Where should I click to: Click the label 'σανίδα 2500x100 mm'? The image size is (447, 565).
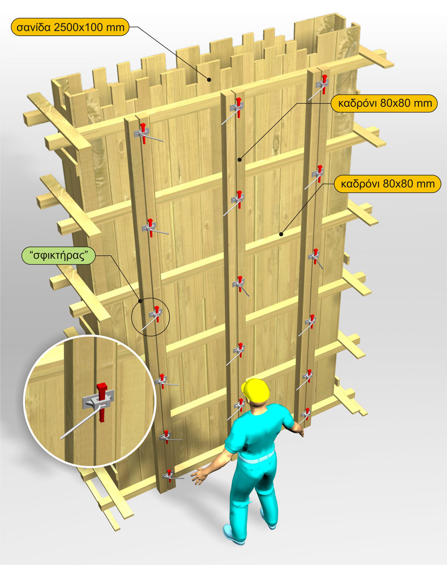click(x=70, y=27)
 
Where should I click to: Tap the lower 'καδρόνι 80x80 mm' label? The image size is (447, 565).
click(x=388, y=184)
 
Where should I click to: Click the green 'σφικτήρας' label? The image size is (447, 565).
click(x=58, y=255)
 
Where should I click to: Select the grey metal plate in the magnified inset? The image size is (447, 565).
click(x=98, y=400)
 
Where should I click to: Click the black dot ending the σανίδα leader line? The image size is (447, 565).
click(x=209, y=80)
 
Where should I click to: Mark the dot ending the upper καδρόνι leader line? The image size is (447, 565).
click(x=239, y=159)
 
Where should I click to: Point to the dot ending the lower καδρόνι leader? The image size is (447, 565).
click(x=281, y=234)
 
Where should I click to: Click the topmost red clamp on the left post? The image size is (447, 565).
click(x=143, y=133)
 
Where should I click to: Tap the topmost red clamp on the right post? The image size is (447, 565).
click(x=324, y=84)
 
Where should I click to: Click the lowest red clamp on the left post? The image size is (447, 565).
click(x=169, y=476)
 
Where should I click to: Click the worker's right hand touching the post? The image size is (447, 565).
click(x=300, y=430)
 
